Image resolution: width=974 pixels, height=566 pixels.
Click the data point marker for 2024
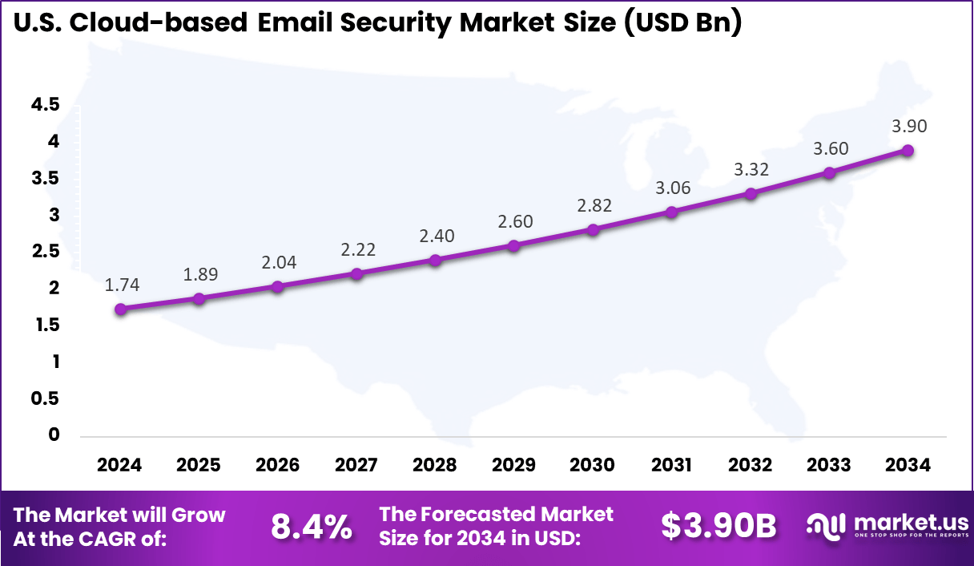click(120, 309)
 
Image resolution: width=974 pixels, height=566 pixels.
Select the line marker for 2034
click(908, 150)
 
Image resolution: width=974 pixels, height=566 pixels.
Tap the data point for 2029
click(514, 245)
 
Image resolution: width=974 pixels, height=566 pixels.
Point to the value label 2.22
click(356, 250)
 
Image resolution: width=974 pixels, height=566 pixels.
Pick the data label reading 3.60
click(830, 148)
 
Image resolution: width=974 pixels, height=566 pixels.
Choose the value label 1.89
click(199, 274)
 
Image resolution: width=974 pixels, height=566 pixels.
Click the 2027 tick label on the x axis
click(356, 465)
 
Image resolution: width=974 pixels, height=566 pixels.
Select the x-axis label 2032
click(751, 465)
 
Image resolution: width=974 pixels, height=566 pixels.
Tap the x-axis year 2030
click(593, 465)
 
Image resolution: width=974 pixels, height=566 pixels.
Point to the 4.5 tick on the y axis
click(45, 104)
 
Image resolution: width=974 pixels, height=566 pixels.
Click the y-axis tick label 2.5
click(45, 251)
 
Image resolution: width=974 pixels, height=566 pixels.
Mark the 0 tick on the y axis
click(54, 435)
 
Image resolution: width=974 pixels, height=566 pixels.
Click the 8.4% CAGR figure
click(311, 527)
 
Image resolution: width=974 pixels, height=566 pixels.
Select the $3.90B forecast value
click(718, 527)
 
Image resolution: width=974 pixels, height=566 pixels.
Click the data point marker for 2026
click(277, 286)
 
